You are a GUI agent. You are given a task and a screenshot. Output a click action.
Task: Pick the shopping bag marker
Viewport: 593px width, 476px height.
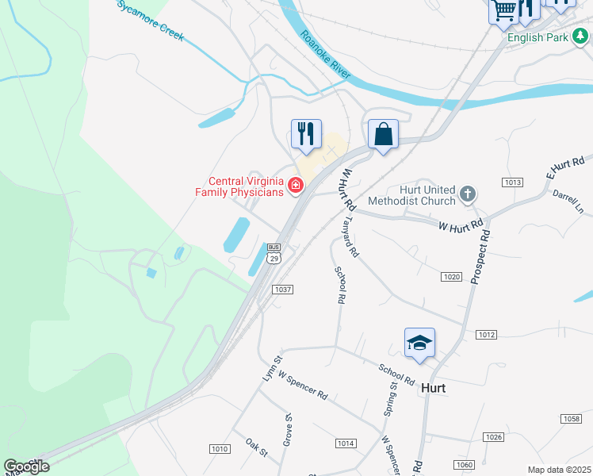point(383,134)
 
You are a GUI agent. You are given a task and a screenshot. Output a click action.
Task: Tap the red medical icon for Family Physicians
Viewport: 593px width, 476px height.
point(296,186)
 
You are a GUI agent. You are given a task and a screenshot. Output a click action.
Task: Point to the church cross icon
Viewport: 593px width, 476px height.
point(469,193)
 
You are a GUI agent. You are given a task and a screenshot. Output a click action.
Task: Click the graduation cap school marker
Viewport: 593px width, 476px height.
point(419,343)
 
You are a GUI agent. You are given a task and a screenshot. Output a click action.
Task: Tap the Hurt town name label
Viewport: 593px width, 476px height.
point(434,388)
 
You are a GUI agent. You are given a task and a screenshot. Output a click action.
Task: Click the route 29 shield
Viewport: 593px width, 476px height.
point(274,258)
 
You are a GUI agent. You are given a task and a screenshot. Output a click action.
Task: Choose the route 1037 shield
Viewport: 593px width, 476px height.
point(283,290)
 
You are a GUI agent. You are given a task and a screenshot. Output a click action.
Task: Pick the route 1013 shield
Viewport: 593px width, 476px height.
point(512,182)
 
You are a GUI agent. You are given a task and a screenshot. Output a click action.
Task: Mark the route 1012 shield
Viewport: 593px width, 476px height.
point(487,335)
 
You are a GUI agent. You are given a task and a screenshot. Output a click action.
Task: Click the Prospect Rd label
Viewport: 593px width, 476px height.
point(481,257)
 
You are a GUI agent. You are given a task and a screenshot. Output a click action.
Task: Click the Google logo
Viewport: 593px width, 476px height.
point(27,466)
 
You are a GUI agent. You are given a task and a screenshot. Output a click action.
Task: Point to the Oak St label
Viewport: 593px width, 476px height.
point(257,447)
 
